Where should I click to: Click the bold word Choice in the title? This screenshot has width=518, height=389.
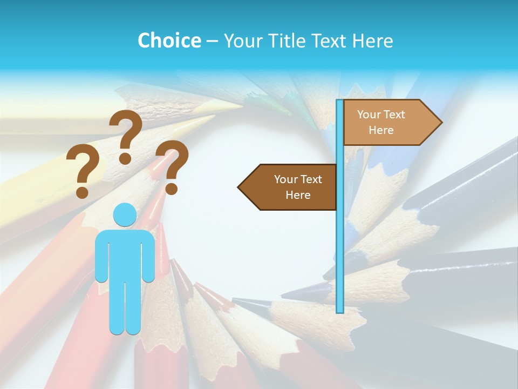pyautogui.click(x=169, y=41)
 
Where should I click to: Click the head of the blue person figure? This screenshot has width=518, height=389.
pyautogui.click(x=125, y=214)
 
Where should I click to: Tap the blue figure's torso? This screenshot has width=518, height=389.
pyautogui.click(x=125, y=254)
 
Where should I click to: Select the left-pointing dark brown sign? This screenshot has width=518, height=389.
pyautogui.click(x=291, y=187)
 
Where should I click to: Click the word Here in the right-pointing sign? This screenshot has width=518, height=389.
pyautogui.click(x=381, y=130)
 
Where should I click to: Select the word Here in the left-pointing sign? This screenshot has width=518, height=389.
pyautogui.click(x=298, y=195)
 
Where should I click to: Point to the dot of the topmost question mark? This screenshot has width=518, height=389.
pyautogui.click(x=125, y=159)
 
